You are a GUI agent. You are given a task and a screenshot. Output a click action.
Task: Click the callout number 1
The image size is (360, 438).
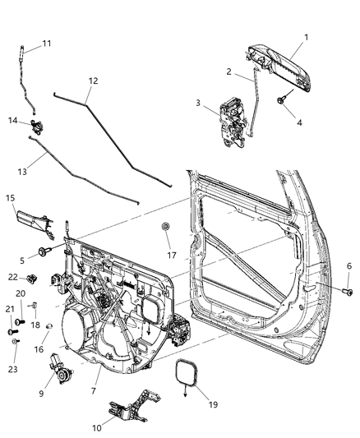306,38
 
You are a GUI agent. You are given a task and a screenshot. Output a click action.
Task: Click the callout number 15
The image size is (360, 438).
11,198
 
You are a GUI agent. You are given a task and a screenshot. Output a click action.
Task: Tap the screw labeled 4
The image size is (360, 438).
282,99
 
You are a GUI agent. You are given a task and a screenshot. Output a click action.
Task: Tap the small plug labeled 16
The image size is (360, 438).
50,327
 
